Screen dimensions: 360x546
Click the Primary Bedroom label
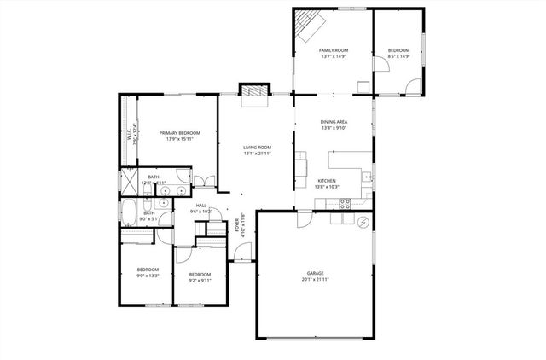(178, 133)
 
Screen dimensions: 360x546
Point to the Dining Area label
(334, 122)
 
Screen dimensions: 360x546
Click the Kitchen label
(328, 181)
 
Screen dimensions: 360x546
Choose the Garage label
(315, 274)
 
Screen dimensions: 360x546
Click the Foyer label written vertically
(237, 224)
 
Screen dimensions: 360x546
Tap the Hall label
(201, 206)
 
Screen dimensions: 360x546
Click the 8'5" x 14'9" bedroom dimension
(399, 56)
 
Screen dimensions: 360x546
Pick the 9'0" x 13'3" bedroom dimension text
(148, 276)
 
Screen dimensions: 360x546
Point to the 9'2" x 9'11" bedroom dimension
(200, 279)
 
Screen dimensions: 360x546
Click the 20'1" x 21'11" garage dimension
(315, 279)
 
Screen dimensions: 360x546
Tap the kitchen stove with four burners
(346, 203)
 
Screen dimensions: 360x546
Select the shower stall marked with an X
(128, 182)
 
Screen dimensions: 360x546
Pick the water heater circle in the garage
(363, 223)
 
